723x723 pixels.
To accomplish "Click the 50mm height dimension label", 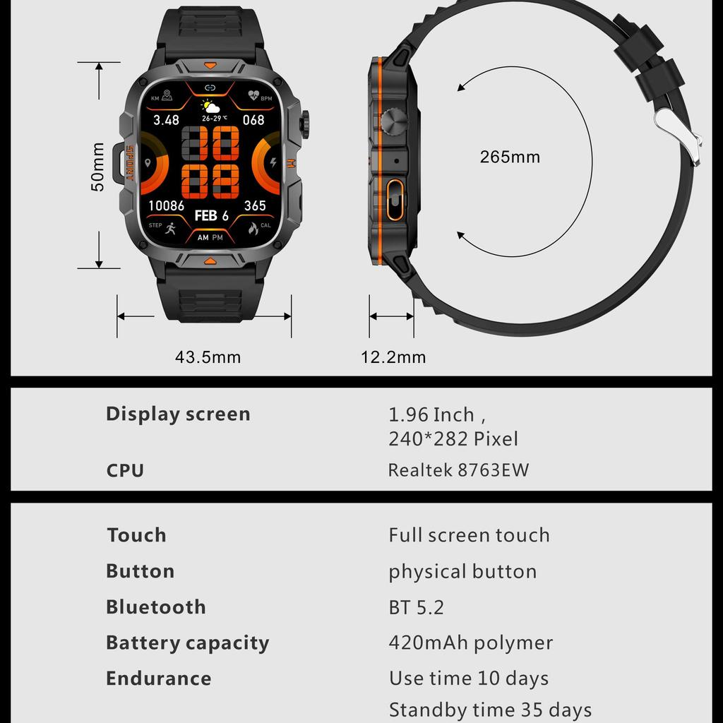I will coord(98,167).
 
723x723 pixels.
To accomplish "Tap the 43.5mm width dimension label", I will coord(208,357).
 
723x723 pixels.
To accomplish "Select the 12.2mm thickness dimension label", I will coord(393,357).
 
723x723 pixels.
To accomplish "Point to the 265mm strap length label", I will coord(510,157).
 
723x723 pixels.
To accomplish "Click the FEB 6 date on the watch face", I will coord(211,215).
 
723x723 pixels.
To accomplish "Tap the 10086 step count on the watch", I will coord(166,205).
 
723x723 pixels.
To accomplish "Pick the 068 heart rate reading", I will coord(253,119).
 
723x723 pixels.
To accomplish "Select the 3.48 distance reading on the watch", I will coord(167,120).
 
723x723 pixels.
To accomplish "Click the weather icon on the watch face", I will coord(210,107).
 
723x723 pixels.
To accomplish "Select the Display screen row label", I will coord(178,414).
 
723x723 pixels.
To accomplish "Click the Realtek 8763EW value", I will coord(458,470).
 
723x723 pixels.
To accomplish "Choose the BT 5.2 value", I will coord(416,607).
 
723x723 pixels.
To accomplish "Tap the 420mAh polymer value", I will coord(470,643).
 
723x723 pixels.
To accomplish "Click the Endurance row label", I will coord(158,679).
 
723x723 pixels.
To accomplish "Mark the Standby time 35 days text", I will coord(490,709).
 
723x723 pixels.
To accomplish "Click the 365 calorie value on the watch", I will coord(255,205).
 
